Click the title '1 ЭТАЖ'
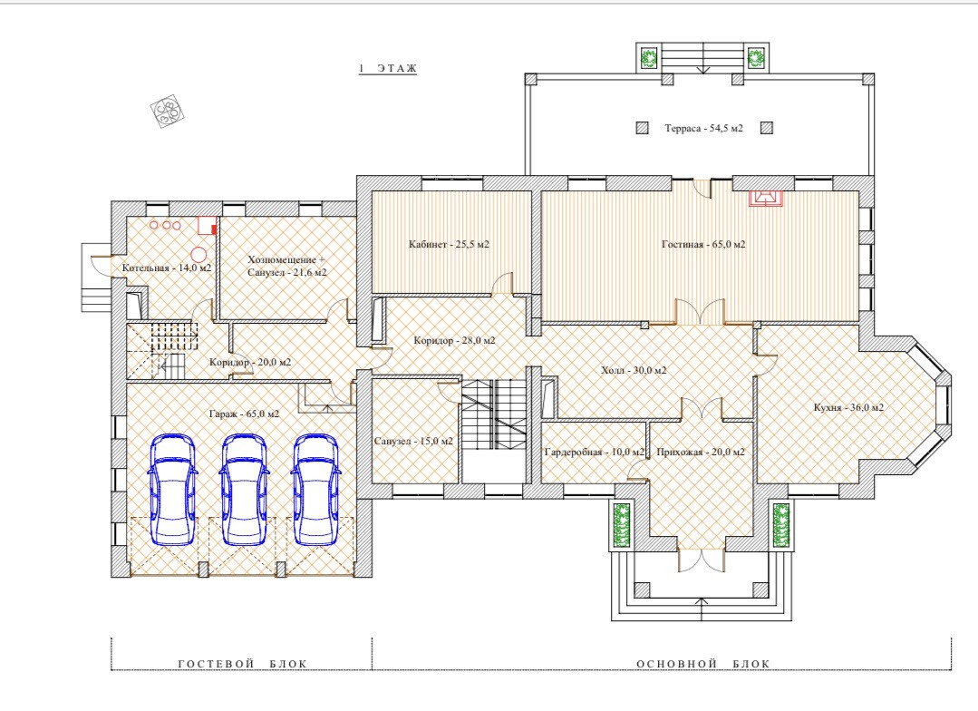(387, 69)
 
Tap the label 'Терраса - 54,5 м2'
(703, 129)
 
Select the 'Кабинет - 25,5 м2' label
(449, 244)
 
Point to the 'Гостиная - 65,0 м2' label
(703, 244)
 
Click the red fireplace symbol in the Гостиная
(766, 198)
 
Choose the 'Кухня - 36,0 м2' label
(849, 407)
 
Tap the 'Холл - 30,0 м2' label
(634, 370)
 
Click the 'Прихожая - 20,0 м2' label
(701, 452)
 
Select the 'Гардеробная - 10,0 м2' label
(595, 452)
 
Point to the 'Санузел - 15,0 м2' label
(413, 442)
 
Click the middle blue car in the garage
(244, 489)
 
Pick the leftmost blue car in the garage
(172, 489)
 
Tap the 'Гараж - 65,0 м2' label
(244, 414)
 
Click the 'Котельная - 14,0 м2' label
(167, 268)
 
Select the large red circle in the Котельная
(199, 254)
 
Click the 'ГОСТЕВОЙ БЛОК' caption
(243, 664)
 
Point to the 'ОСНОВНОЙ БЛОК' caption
(703, 664)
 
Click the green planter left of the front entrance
(620, 525)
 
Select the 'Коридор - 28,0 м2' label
(455, 341)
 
